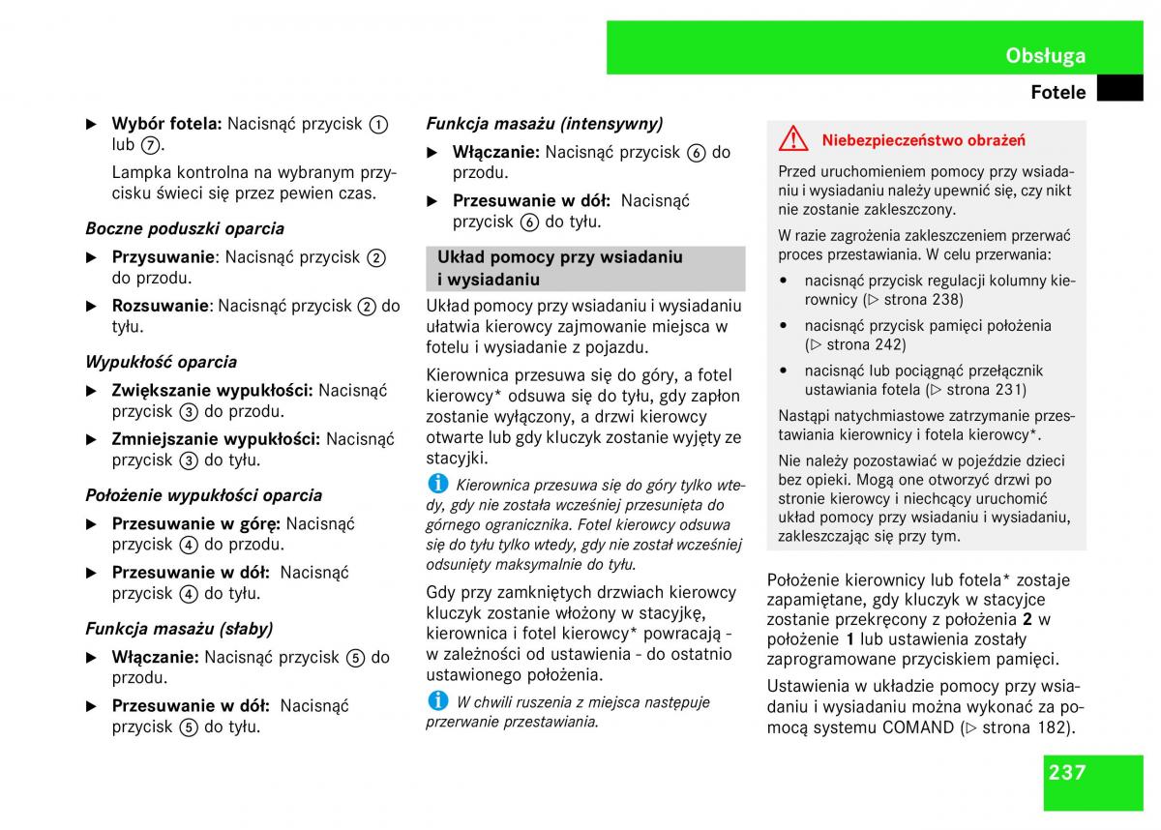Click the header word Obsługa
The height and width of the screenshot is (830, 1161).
coord(1045,55)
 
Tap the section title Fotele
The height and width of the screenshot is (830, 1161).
coord(1058,93)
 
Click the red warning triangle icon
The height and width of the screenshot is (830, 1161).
coord(792,139)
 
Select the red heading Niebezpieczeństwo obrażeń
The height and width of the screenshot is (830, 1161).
coord(923,140)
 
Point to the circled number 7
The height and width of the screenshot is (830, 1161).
coord(149,145)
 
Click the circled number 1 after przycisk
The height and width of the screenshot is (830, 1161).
coord(378,125)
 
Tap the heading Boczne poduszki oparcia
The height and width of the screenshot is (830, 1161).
coord(185,229)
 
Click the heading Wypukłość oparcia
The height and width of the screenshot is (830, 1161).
coord(161,363)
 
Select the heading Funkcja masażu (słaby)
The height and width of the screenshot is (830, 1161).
coord(179,629)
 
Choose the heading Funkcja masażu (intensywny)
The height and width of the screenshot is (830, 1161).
coord(545,124)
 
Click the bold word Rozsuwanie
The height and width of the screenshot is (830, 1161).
coord(161,306)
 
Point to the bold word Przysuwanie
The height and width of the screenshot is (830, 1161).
coord(164,257)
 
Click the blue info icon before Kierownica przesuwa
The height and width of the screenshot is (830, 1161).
coord(438,483)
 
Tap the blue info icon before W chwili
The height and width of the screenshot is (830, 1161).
coord(438,700)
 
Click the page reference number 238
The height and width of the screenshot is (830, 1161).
coord(947,300)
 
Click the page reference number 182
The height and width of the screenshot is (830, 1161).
coord(1055,727)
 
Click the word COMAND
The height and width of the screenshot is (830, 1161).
coord(919,727)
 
